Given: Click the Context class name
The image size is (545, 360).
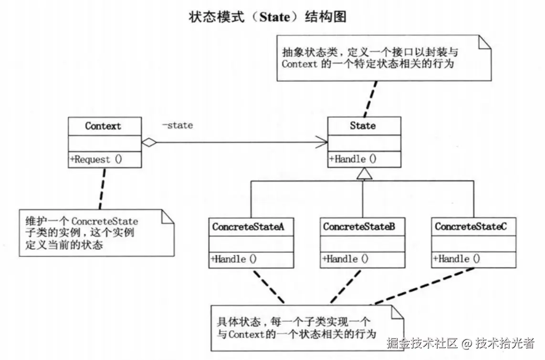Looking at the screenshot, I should [x=103, y=126].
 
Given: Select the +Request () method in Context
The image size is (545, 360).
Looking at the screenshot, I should [x=96, y=160].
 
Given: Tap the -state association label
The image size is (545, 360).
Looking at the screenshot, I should [x=177, y=125].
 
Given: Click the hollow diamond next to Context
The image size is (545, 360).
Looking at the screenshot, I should [x=149, y=142].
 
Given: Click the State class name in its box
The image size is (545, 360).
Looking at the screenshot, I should [x=363, y=126].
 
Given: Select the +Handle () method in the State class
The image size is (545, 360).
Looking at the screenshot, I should [x=352, y=159].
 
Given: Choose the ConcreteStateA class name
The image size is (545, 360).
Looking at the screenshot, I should [x=248, y=227].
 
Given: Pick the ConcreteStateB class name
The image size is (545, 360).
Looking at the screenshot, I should [x=359, y=227].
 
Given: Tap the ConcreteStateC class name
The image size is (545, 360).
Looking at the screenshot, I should [x=471, y=227].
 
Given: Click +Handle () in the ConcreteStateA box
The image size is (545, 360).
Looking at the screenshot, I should [x=233, y=259].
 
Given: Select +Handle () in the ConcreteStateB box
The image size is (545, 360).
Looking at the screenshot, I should [x=345, y=259].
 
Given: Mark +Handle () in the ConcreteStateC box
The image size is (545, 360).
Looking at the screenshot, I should [x=456, y=259].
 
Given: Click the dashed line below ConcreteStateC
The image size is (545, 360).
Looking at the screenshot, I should [x=425, y=286].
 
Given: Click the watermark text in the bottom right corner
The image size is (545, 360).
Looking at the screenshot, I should [x=461, y=343].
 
